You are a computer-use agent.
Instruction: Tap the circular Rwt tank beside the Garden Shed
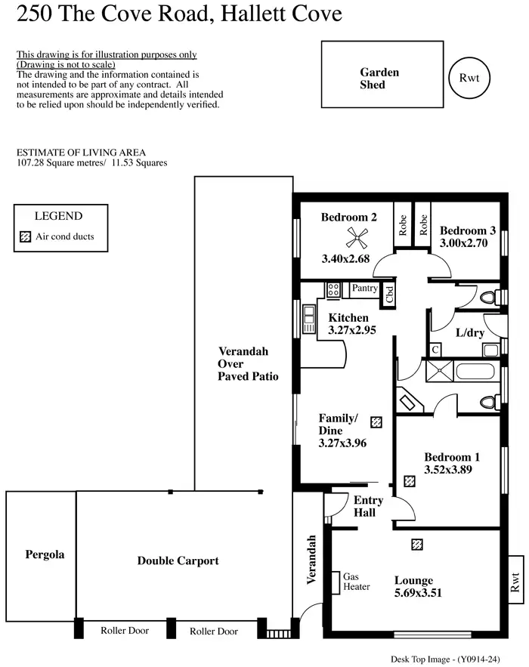click(470, 77)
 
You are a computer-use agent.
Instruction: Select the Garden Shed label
click(379, 79)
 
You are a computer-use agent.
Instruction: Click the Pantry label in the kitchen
click(365, 289)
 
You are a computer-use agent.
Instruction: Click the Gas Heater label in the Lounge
click(356, 581)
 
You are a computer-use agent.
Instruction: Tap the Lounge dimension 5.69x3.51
click(413, 594)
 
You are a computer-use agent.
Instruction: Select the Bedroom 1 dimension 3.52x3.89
click(452, 469)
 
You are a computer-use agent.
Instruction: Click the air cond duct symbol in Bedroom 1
click(409, 480)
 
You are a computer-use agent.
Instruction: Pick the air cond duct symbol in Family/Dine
click(376, 422)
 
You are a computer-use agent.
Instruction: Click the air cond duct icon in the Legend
click(25, 236)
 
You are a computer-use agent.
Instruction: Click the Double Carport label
click(178, 560)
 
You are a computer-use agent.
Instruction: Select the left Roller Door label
click(125, 630)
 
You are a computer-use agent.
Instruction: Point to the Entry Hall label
click(368, 507)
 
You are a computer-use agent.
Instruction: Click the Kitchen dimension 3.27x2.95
click(352, 330)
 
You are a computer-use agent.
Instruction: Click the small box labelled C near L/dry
click(435, 350)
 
